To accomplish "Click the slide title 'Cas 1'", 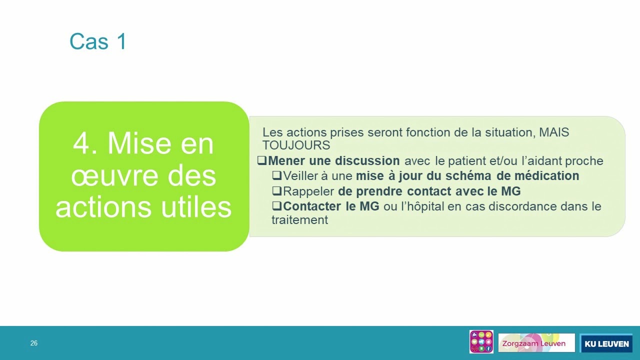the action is tap(98, 41).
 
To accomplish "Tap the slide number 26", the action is tap(33, 343).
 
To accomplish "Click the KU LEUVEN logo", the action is tap(606, 343).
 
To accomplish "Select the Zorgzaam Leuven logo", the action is tap(536, 343).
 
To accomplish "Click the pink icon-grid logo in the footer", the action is tap(481, 341).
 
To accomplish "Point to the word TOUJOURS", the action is tap(296, 145).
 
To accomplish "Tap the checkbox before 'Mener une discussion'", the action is tap(261, 160).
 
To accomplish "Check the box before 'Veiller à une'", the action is tap(277, 175).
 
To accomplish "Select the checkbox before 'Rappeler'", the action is tap(277, 190).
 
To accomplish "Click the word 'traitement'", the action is tap(299, 220).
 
